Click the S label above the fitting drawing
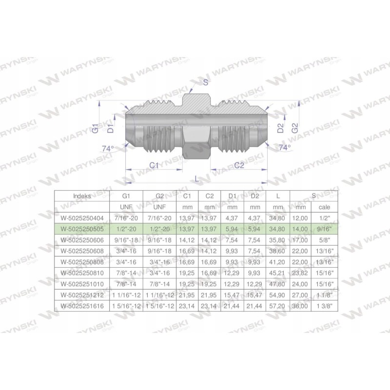[205, 83]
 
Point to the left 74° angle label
[108, 148]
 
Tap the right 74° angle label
[284, 147]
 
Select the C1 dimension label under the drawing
[154, 165]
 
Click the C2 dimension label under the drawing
[239, 165]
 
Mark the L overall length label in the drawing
[196, 179]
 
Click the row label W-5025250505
[81, 229]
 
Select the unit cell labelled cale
[324, 207]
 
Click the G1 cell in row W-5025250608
[126, 251]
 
